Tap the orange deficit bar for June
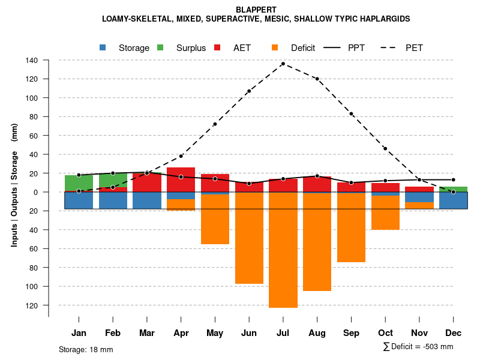pyautogui.click(x=249, y=238)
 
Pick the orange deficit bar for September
pyautogui.click(x=352, y=227)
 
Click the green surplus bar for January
pyautogui.click(x=79, y=182)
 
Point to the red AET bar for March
pyautogui.click(x=147, y=182)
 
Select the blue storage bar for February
pyautogui.click(x=113, y=200)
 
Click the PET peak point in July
pyautogui.click(x=283, y=64)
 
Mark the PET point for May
pyautogui.click(x=215, y=124)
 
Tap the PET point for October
pyautogui.click(x=385, y=149)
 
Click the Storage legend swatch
pyautogui.click(x=103, y=48)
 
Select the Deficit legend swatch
pyautogui.click(x=275, y=48)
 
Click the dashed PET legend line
pyautogui.click(x=391, y=48)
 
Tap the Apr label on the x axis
pyautogui.click(x=181, y=333)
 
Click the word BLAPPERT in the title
pyautogui.click(x=256, y=10)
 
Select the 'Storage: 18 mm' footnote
pyautogui.click(x=86, y=349)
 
